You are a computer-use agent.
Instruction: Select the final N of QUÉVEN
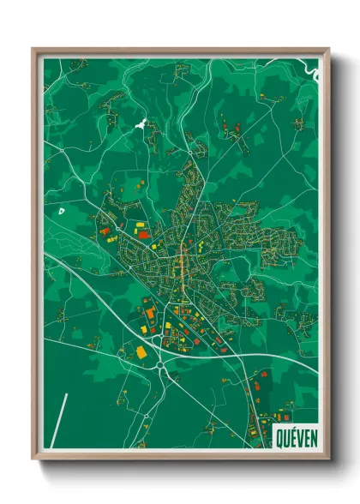tap(313, 439)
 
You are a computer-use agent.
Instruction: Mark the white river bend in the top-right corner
tap(314, 72)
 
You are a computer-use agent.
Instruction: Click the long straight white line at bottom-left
tap(59, 421)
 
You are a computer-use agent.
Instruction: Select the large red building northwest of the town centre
tap(144, 232)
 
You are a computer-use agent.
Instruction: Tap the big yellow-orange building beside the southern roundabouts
tap(141, 351)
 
